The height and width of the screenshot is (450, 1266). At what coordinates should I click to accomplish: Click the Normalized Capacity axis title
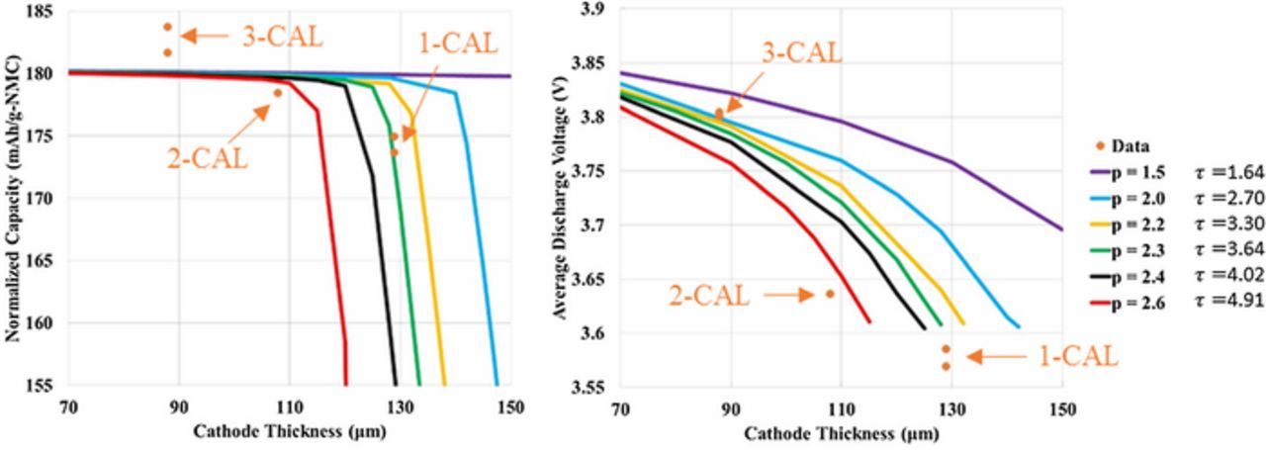[x=14, y=199]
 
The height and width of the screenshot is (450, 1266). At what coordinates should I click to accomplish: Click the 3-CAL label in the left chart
[x=282, y=38]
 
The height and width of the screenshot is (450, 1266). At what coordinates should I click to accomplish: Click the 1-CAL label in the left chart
[x=457, y=44]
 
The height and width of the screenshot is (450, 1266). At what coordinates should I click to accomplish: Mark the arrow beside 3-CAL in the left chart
[x=205, y=37]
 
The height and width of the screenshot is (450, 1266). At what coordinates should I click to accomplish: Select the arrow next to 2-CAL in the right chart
[x=788, y=294]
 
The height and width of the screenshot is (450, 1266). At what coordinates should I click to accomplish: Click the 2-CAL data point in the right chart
[x=830, y=294]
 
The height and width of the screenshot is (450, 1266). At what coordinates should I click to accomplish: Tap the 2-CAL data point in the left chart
[x=278, y=93]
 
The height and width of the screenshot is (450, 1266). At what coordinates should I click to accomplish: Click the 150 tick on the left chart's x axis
[x=510, y=406]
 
